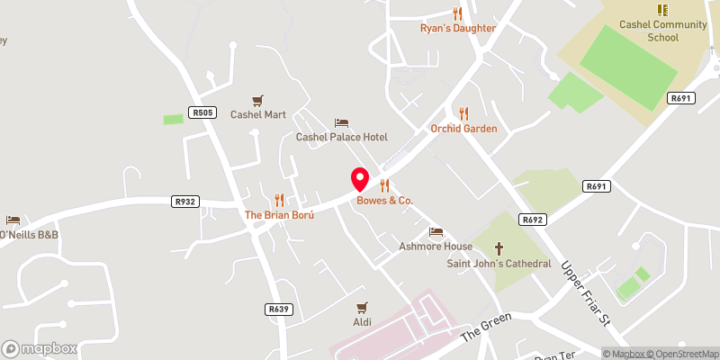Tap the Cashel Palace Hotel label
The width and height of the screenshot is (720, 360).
[x=342, y=137]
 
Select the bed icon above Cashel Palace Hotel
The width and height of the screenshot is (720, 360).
[x=341, y=122]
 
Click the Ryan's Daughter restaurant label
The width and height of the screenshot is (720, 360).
[x=458, y=28]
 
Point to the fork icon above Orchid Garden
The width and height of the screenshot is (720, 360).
[x=464, y=113]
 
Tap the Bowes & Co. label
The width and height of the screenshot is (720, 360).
[x=384, y=200]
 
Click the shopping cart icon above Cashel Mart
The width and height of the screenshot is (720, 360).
[x=258, y=101]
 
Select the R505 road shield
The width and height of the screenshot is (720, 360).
[x=202, y=112]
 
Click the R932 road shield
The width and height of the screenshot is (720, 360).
[x=186, y=202]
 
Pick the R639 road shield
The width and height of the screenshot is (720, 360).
[x=279, y=309]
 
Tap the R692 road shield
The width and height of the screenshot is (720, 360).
[x=534, y=219]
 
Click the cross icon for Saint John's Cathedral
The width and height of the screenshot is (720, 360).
[x=499, y=248]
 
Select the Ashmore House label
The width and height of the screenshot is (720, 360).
[x=436, y=247]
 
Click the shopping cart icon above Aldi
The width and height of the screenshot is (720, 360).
[x=362, y=308]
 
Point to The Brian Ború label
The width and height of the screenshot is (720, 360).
[x=279, y=216]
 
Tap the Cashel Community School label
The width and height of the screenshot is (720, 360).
[x=663, y=31]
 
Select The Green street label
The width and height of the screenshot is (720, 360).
[x=486, y=326]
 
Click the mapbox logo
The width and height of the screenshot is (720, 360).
[x=39, y=348]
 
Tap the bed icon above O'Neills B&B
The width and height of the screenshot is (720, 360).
[x=13, y=220]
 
